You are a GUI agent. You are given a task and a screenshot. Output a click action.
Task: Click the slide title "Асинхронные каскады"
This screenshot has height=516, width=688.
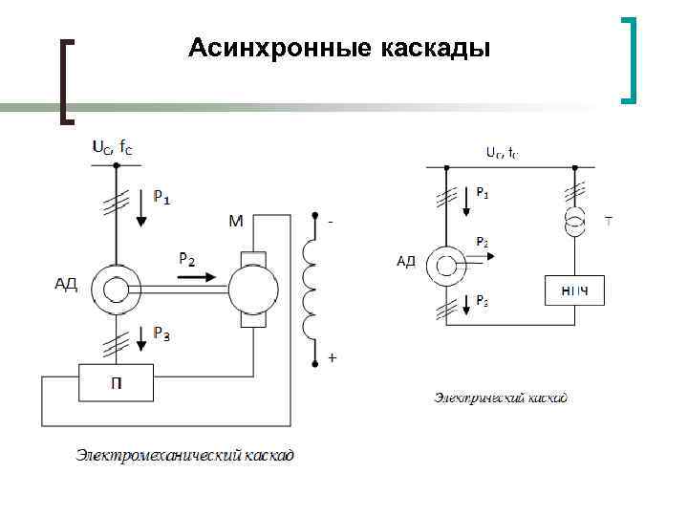(339, 48)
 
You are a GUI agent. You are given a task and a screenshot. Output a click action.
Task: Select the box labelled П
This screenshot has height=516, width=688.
(116, 386)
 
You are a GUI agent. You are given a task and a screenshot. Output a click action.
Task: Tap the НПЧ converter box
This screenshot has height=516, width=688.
(574, 290)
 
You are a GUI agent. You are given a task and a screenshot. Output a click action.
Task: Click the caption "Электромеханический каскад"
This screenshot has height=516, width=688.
(185, 455)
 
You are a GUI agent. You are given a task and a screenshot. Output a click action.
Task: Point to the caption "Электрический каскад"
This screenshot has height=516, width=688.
(501, 397)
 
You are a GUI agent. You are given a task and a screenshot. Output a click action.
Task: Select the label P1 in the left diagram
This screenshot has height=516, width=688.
(163, 199)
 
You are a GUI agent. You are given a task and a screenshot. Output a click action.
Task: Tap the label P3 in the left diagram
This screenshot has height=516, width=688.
(163, 333)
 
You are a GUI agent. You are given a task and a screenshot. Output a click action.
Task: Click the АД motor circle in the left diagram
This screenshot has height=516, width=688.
(116, 288)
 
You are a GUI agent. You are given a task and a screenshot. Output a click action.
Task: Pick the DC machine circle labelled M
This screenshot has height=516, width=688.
(253, 288)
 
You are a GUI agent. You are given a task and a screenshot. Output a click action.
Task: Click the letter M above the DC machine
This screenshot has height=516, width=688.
(236, 222)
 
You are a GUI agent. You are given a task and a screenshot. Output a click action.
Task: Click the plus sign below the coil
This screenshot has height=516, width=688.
(333, 358)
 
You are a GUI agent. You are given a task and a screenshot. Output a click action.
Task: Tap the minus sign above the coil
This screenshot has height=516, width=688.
(331, 222)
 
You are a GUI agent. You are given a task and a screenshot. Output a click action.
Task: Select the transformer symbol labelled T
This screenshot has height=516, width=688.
(575, 223)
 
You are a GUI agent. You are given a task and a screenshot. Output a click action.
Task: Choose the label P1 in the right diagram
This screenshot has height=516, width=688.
(484, 192)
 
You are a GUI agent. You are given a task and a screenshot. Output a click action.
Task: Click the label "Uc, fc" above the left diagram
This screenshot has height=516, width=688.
(113, 148)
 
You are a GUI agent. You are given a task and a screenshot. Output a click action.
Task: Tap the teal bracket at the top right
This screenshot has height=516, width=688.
(629, 59)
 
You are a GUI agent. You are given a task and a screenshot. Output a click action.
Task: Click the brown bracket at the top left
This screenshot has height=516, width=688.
(66, 80)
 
